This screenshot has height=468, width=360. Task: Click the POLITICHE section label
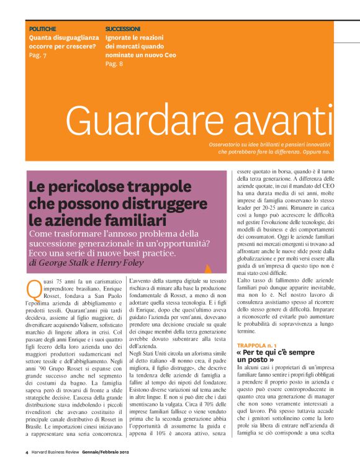click(x=43, y=29)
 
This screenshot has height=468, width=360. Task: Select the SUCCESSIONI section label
click(x=123, y=29)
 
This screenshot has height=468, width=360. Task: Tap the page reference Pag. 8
click(x=114, y=63)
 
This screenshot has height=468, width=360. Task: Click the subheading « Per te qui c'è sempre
click(x=274, y=352)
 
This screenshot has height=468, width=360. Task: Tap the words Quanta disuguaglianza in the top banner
click(x=61, y=37)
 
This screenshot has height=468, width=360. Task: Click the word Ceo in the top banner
click(x=169, y=55)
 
